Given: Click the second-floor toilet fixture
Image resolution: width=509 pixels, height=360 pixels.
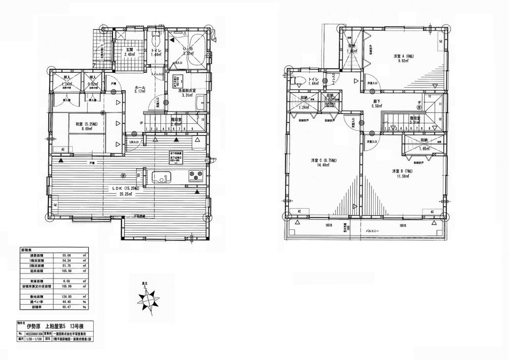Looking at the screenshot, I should click(x=298, y=80).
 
